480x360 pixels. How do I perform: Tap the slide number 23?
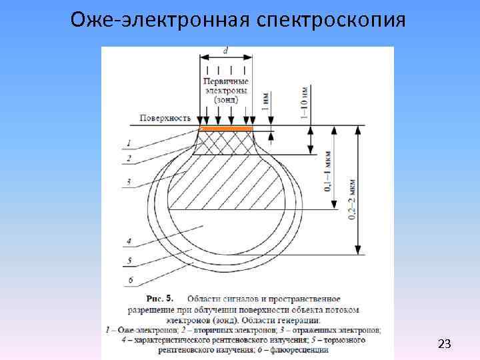[x=444, y=344]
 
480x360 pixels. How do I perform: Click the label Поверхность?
[x=166, y=118]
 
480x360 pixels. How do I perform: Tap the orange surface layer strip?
[x=227, y=128]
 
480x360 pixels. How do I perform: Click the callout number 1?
[x=129, y=141]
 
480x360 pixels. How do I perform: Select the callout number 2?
[x=129, y=159]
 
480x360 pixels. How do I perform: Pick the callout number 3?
[x=129, y=181]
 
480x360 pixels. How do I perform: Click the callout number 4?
[x=129, y=241]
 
